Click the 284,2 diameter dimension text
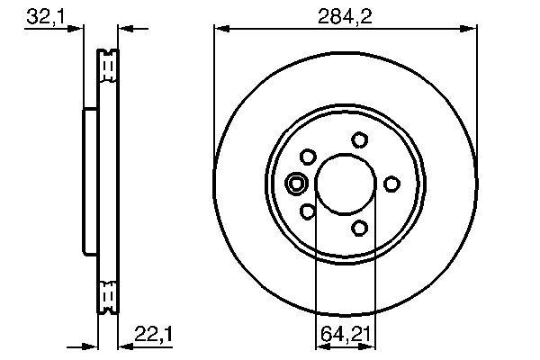[346, 15]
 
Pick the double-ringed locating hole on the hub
[296, 184]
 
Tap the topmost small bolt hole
[360, 139]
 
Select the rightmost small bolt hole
[391, 184]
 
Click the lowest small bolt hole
[361, 228]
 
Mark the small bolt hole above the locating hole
[308, 157]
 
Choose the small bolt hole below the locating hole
[308, 211]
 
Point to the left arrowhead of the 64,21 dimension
[321, 346]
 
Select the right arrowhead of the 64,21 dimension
[370, 346]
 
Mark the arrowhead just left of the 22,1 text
[124, 346]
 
